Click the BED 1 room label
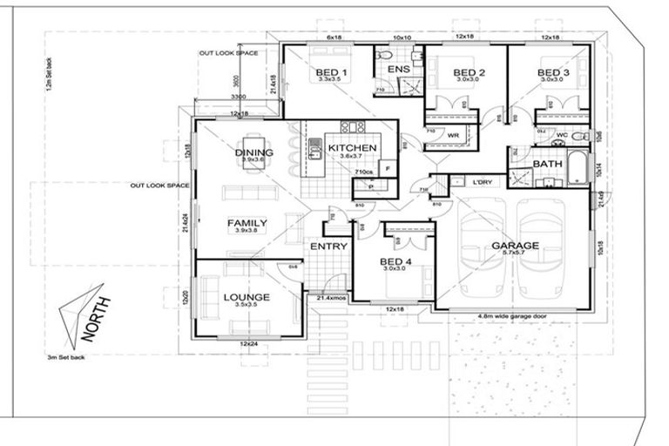point(333,71)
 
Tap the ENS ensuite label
point(399,69)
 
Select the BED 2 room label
point(470,71)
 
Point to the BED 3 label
point(553,71)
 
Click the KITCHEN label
point(352,148)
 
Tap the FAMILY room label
point(247,223)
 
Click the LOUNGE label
point(247,297)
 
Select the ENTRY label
point(329,247)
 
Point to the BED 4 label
point(397,260)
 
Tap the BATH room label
point(547,164)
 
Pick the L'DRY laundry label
point(482,182)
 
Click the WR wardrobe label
point(453,136)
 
